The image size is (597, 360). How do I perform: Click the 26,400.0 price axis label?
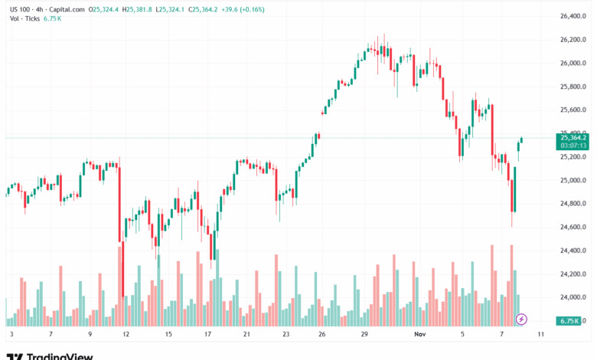click(x=573, y=16)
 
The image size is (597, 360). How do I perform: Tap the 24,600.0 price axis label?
click(x=573, y=227)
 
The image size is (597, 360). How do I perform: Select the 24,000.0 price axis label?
click(x=573, y=297)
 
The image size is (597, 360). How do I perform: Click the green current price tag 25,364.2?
click(x=573, y=138)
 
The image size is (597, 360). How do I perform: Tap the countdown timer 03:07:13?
click(x=573, y=146)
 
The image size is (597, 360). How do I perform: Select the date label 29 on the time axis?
click(x=365, y=335)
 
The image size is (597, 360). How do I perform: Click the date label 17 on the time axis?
click(x=207, y=335)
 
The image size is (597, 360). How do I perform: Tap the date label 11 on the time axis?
click(x=540, y=335)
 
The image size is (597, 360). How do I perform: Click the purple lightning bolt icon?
click(x=522, y=319)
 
